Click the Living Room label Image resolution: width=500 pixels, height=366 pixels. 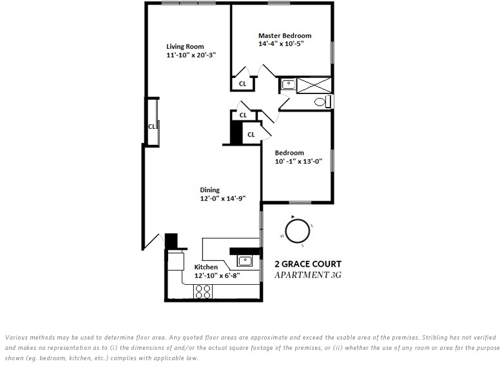(185, 46)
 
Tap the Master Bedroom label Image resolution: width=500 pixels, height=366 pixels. (284, 35)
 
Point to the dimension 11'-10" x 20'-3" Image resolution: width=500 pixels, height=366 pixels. (191, 55)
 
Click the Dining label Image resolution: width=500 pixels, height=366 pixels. (209, 190)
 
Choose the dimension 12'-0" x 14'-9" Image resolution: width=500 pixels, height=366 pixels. (222, 199)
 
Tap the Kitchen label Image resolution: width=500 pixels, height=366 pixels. (206, 267)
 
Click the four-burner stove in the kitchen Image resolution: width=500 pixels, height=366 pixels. (203, 292)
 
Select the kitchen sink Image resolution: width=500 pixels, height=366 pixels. (244, 260)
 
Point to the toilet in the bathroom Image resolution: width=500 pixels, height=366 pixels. (321, 102)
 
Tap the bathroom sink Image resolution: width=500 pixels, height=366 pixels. (288, 84)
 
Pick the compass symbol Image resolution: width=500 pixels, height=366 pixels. (297, 231)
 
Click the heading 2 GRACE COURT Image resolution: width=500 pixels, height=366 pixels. (308, 264)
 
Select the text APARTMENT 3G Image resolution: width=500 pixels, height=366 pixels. (308, 274)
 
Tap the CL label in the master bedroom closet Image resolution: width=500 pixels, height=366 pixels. (242, 84)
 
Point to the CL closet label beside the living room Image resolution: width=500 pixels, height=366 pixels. (152, 126)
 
